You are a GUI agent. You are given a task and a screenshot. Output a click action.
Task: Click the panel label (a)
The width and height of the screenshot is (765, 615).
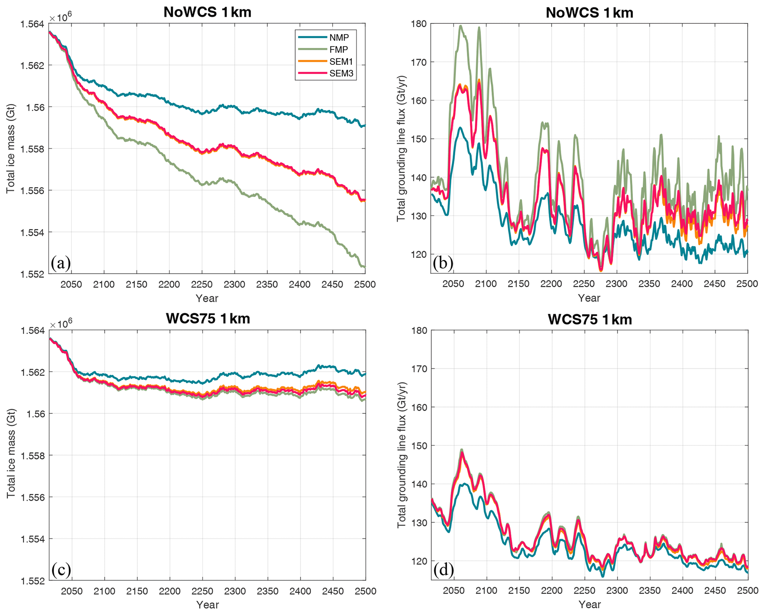click(x=61, y=263)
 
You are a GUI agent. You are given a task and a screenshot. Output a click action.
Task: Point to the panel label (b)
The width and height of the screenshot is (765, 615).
click(x=443, y=263)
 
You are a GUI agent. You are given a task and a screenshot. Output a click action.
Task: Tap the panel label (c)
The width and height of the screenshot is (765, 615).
click(x=61, y=569)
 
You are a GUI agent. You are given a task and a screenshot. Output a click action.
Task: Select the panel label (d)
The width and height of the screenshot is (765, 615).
click(x=443, y=569)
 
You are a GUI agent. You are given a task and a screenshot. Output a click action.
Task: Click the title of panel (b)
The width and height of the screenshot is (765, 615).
click(x=589, y=13)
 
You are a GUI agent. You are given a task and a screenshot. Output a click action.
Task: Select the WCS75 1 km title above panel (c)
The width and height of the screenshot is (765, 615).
click(x=208, y=319)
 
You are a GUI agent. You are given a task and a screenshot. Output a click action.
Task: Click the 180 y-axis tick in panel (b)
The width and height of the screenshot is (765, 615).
click(x=418, y=24)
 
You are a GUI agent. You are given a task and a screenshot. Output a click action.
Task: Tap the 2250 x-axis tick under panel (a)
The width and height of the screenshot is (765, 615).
click(x=202, y=285)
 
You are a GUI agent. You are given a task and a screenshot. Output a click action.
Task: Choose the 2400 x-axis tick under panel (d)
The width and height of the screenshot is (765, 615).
click(x=682, y=591)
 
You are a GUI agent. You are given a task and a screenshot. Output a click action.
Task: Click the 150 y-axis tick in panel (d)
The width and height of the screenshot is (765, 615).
click(x=418, y=446)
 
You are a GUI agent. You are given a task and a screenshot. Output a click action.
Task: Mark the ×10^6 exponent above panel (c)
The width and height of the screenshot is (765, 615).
click(x=61, y=324)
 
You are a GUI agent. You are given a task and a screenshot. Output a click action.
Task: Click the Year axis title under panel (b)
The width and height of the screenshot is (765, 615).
click(x=589, y=298)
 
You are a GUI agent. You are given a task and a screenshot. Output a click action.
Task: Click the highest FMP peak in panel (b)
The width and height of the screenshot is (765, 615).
click(x=461, y=26)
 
